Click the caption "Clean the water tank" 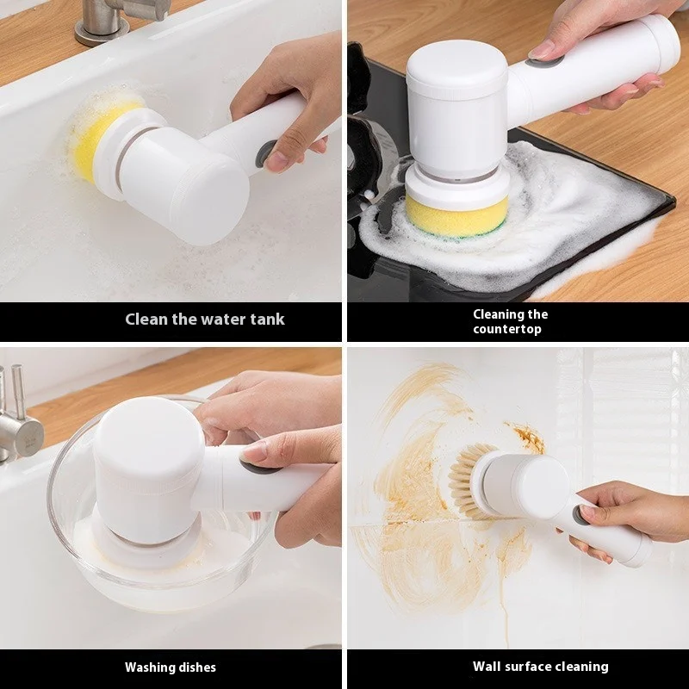tap(205, 320)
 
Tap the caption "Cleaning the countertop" tap(510, 321)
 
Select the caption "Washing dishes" tap(171, 667)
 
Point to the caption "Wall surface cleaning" tap(540, 666)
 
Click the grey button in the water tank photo tap(265, 153)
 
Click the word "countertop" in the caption tap(508, 329)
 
